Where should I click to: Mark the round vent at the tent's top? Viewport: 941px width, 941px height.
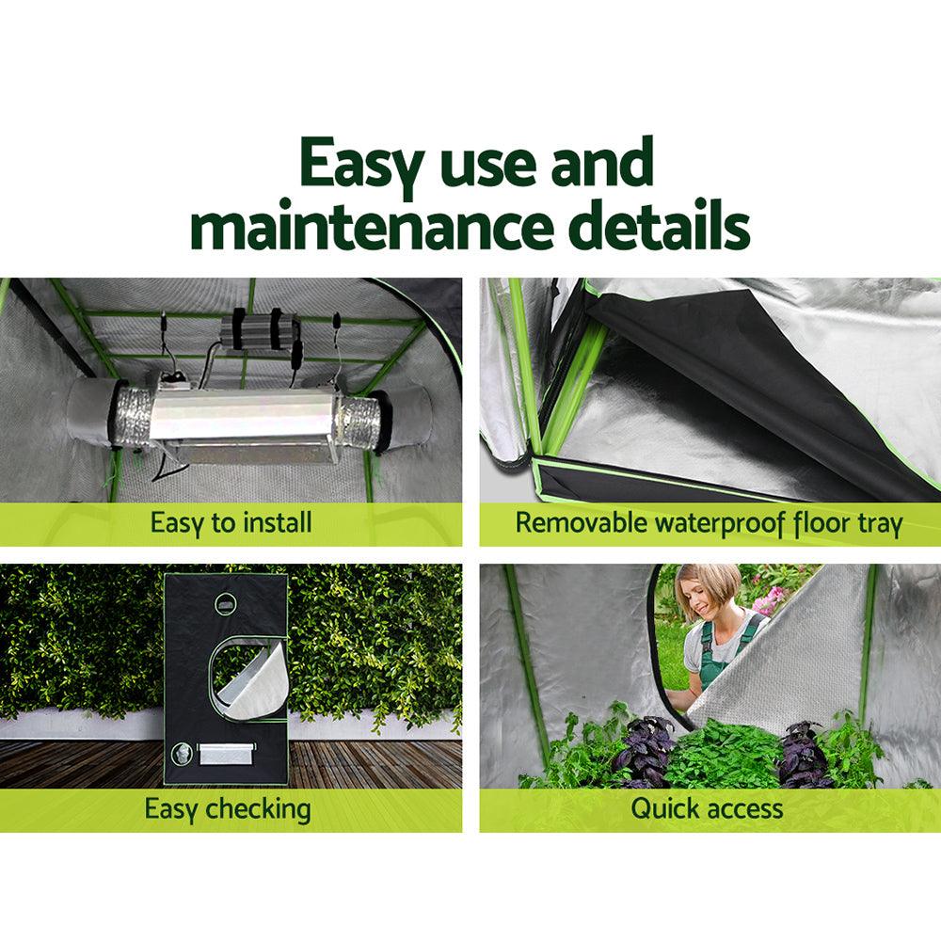(226, 603)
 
